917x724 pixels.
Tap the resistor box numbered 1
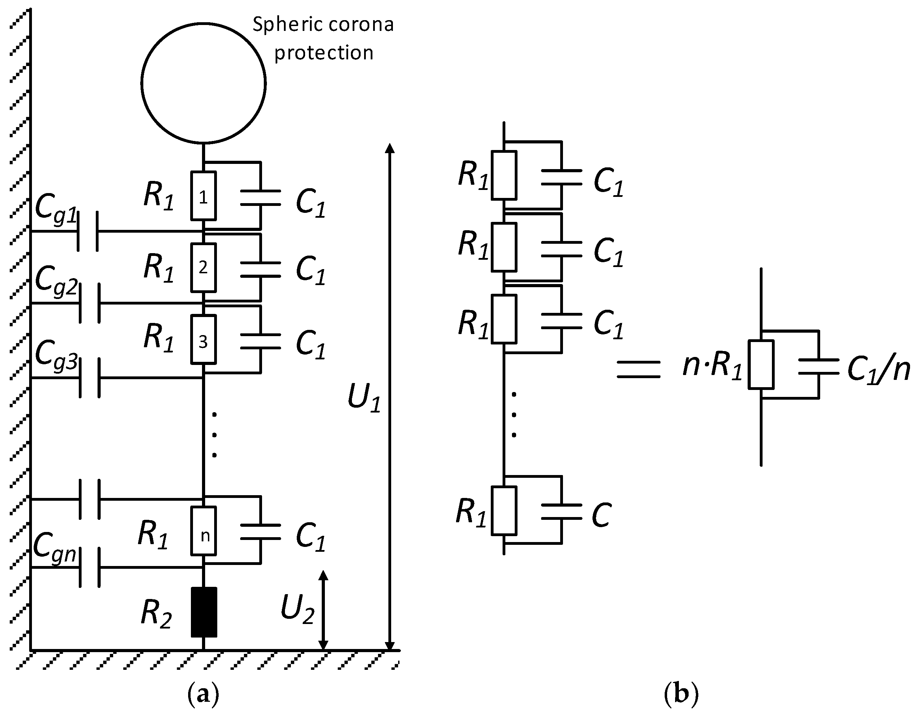(203, 196)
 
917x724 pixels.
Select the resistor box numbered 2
(203, 267)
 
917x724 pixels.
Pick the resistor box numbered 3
(203, 339)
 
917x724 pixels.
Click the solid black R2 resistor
(204, 612)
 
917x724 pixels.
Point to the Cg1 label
(56, 208)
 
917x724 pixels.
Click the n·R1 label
(712, 366)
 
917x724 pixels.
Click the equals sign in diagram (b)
(639, 369)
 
